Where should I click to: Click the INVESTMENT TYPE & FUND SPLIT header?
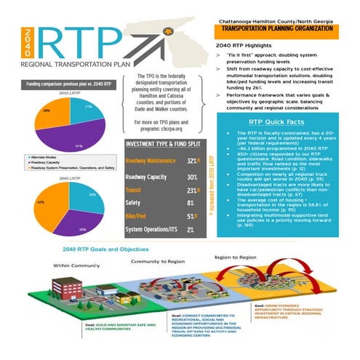(x=163, y=144)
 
